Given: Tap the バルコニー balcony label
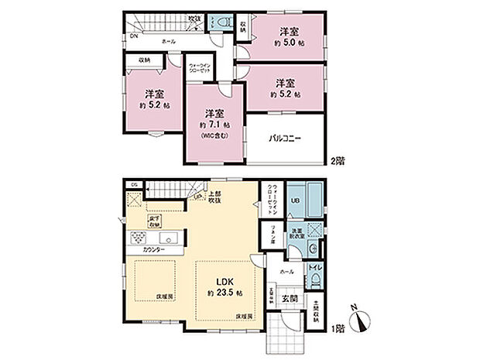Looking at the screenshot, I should [285, 139].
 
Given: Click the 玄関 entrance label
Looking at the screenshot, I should [288, 298].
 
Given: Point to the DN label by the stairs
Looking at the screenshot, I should [133, 36].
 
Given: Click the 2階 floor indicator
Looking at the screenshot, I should [335, 161].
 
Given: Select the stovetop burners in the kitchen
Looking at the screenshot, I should [135, 237].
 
